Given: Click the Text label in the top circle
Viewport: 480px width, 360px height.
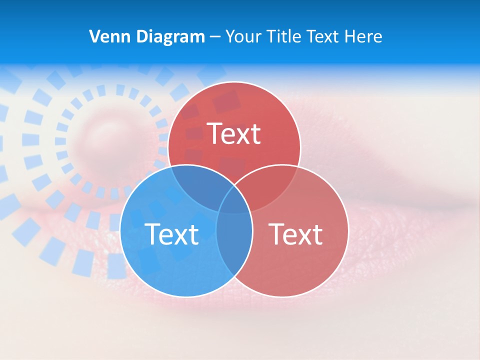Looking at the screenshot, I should pyautogui.click(x=234, y=133).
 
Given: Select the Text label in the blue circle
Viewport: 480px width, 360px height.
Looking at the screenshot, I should pyautogui.click(x=171, y=233).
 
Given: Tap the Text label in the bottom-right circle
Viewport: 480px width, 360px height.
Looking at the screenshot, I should pyautogui.click(x=295, y=233).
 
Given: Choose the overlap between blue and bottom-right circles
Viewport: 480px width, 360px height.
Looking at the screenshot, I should pyautogui.click(x=234, y=240).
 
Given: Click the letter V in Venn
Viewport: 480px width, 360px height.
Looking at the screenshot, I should pyautogui.click(x=94, y=36).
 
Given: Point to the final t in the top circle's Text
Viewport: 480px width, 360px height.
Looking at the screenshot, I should pyautogui.click(x=255, y=134).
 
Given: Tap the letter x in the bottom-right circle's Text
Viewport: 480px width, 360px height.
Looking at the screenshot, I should pyautogui.click(x=302, y=235).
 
